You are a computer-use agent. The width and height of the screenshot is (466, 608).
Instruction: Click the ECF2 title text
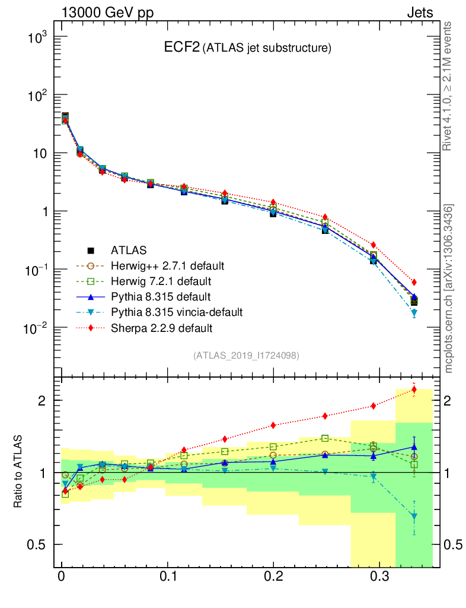tap(181, 47)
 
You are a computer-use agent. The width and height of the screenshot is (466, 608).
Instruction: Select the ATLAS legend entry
tap(129, 250)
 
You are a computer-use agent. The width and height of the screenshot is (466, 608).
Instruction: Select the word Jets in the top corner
tap(419, 12)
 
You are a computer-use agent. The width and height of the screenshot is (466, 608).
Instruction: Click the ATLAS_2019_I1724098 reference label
tap(246, 355)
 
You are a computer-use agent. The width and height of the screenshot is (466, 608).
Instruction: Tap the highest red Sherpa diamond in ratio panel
tap(414, 389)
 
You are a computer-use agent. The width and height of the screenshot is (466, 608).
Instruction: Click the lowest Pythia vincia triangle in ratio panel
tap(414, 517)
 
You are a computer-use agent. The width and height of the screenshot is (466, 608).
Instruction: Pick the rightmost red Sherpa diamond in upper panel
tap(414, 282)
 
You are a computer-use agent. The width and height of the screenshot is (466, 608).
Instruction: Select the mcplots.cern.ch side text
tap(449, 288)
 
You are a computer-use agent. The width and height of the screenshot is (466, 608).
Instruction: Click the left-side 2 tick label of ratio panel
tap(40, 400)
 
